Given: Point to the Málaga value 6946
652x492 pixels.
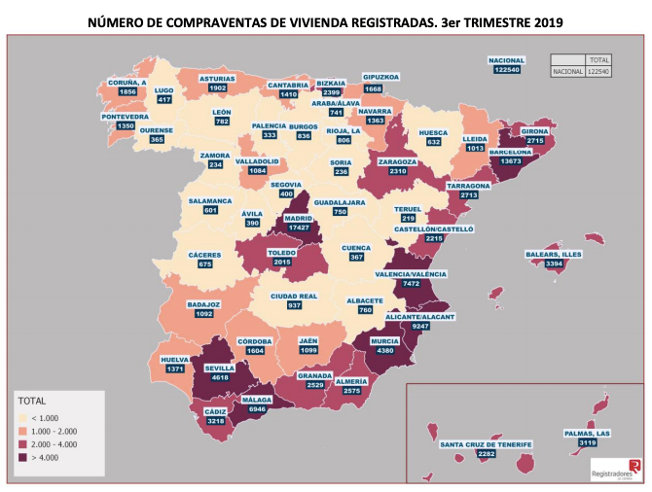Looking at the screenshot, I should pyautogui.click(x=257, y=411).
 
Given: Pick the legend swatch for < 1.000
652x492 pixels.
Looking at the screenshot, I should pyautogui.click(x=25, y=415).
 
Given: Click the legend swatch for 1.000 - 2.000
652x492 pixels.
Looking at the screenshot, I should pyautogui.click(x=25, y=429).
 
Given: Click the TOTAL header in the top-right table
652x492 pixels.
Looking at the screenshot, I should pyautogui.click(x=600, y=58).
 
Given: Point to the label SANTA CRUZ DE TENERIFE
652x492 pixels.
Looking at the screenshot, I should pyautogui.click(x=486, y=444).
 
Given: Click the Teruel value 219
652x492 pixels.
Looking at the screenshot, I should pyautogui.click(x=408, y=219).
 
